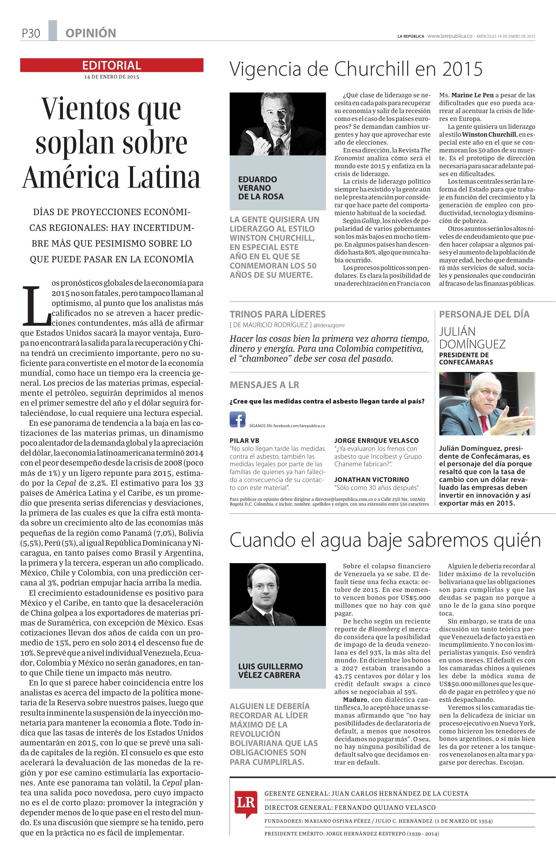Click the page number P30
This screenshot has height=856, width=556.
tap(30, 34)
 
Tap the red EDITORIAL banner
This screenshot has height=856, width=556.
tap(112, 65)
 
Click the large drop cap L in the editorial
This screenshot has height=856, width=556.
tap(36, 305)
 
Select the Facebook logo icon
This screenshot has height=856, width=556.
tap(237, 420)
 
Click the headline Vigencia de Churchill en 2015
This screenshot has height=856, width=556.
tap(355, 69)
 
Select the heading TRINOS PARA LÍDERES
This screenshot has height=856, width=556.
tap(277, 314)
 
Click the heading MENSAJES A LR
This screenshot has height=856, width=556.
tap(264, 385)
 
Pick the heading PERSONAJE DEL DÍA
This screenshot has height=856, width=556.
tap(484, 314)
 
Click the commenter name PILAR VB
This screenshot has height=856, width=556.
tap(244, 441)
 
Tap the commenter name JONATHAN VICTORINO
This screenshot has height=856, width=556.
tap(371, 480)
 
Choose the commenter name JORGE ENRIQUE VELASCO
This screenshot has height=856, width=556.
tap(376, 441)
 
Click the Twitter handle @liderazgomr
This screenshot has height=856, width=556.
tap(329, 325)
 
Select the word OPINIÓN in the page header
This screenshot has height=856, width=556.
tap(91, 34)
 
